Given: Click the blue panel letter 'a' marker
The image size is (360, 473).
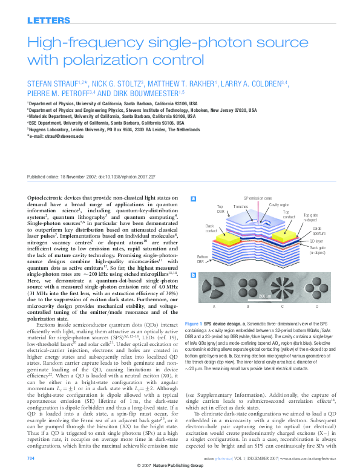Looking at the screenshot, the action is click(x=192, y=198).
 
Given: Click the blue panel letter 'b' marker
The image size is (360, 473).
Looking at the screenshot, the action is click(x=192, y=275).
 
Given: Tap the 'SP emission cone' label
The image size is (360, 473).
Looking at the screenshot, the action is click(x=257, y=198).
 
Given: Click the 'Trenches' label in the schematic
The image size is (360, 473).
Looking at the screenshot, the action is click(x=241, y=207).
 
